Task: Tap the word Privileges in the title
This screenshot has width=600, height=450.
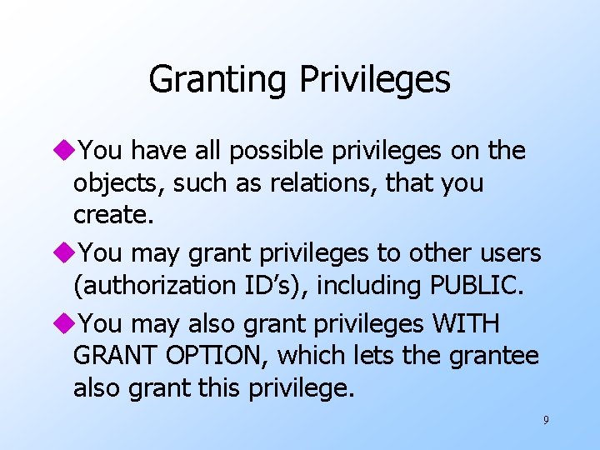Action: tap(374, 80)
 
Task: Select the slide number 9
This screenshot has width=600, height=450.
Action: tap(546, 420)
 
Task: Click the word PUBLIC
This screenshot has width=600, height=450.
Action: tap(477, 285)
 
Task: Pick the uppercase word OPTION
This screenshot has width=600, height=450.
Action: tap(220, 355)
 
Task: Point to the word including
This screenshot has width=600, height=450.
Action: tap(367, 285)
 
